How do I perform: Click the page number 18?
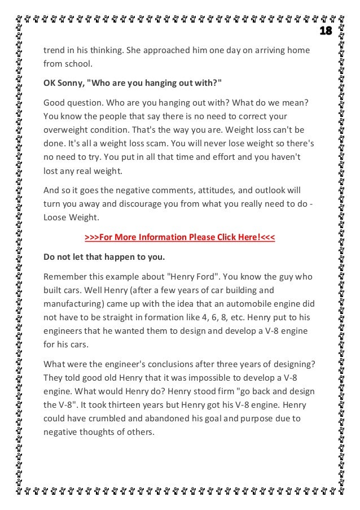(326, 30)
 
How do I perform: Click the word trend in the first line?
(55, 51)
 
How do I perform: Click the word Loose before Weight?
(56, 217)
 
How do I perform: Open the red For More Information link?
(179, 237)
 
